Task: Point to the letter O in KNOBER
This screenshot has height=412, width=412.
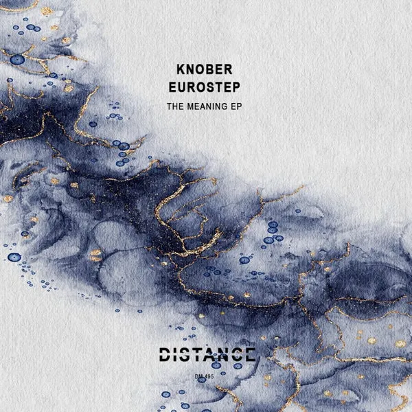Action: point(199,69)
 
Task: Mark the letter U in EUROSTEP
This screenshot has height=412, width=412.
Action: point(181,87)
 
